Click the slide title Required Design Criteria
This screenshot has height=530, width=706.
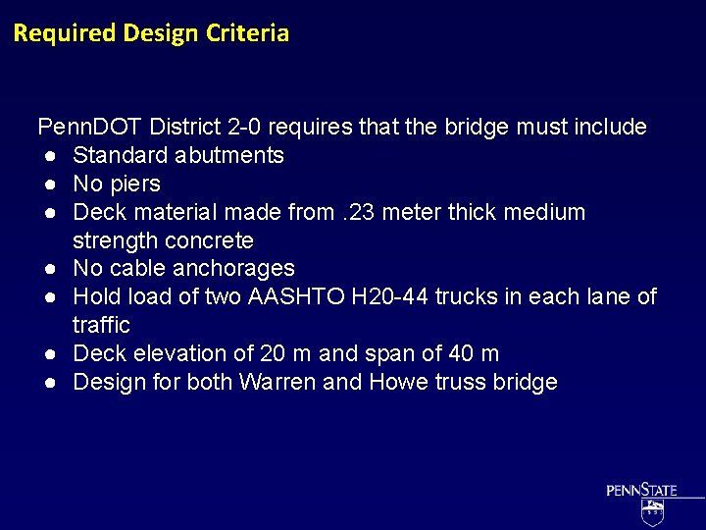coord(151,33)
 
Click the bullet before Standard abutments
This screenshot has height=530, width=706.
coord(47,156)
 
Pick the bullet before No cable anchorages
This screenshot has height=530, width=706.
coord(47,269)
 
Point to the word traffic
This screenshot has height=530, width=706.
coord(101,325)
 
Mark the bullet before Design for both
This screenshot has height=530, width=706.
coord(47,383)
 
